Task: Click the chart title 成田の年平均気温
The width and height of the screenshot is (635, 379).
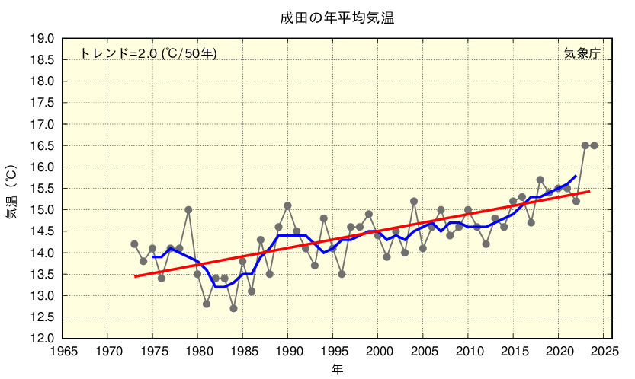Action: [336, 16]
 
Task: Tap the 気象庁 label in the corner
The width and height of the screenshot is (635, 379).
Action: [582, 53]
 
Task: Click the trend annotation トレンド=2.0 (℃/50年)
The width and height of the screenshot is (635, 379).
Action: [149, 53]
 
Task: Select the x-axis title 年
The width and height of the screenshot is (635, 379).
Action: [336, 370]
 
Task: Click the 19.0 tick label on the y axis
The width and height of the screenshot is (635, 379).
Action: [42, 38]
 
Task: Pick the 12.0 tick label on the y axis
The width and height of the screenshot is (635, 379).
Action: [42, 338]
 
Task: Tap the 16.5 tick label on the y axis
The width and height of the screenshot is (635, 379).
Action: [42, 145]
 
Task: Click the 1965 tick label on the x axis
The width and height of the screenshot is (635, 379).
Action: [63, 352]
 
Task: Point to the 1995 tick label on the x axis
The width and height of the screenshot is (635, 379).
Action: [332, 352]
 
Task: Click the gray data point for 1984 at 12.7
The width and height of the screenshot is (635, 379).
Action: [233, 308]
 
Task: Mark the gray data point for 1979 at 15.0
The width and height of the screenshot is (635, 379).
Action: [188, 209]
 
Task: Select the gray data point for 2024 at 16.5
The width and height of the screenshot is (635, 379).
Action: [594, 145]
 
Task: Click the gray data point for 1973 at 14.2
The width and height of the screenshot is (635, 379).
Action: [134, 244]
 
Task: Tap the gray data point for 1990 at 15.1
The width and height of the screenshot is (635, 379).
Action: [287, 205]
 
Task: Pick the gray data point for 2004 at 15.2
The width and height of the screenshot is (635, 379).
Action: [414, 201]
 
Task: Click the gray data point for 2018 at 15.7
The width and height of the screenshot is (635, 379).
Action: [540, 180]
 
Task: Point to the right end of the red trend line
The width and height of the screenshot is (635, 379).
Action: [589, 191]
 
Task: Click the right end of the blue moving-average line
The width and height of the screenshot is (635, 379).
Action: [576, 176]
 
